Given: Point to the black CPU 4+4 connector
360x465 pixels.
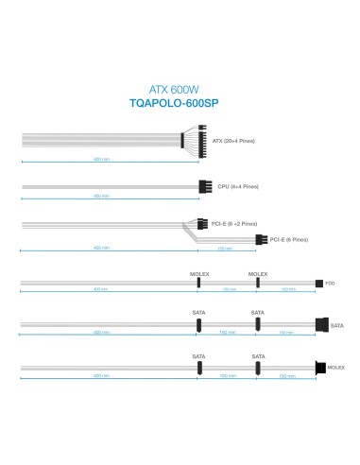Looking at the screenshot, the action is coord(204,187).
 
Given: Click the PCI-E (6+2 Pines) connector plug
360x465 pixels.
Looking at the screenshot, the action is coord(201,224).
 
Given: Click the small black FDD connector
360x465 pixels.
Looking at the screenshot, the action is coord(319,283).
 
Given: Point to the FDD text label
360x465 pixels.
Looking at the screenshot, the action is coord(332,283).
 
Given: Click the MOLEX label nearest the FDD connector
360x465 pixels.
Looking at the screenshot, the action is coord(258,272).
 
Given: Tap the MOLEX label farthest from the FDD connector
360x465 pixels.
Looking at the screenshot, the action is coord(199,272).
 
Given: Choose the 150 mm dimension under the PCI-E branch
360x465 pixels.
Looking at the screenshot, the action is coord(224,249).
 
